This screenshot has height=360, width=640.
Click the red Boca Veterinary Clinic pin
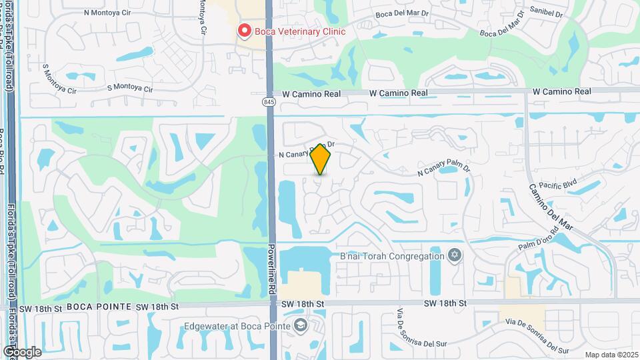245,31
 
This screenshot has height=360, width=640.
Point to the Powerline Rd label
273,270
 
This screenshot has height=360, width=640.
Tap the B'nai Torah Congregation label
392,255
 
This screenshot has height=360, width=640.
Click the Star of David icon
455,255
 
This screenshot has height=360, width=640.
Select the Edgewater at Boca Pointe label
238,326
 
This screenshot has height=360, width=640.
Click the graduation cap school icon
301,325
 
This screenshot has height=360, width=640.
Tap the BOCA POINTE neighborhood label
99,307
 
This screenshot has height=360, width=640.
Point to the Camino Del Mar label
550,206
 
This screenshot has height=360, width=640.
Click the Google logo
22,351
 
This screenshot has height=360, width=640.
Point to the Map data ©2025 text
611,355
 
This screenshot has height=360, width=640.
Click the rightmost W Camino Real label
562,91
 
